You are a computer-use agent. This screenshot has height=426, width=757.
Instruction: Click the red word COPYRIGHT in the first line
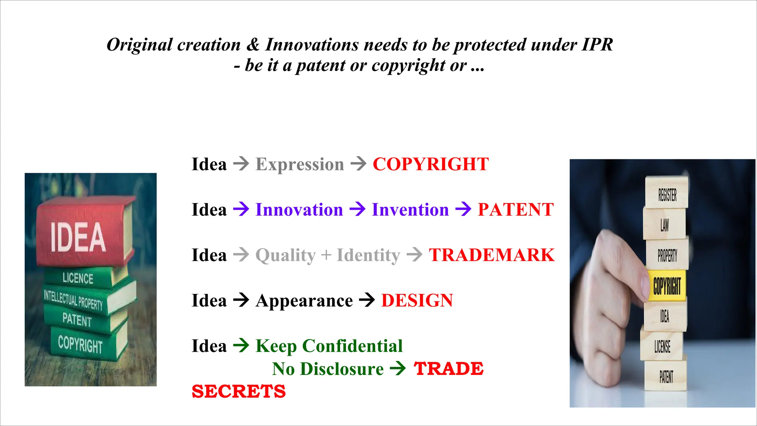[431, 164]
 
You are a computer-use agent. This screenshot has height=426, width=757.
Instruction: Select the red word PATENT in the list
[516, 210]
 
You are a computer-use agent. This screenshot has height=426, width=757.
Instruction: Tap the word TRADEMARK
[492, 255]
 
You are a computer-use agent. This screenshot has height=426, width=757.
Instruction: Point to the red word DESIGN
[417, 301]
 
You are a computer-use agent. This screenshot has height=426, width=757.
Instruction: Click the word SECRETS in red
[239, 391]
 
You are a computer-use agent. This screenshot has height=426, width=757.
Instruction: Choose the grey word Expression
[300, 164]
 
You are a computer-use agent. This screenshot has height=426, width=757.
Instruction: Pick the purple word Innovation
[299, 210]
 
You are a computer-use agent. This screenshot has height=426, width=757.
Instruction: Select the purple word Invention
[410, 210]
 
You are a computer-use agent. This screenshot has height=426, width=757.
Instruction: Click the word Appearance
[304, 301]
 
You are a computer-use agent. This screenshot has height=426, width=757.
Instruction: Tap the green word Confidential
[352, 346]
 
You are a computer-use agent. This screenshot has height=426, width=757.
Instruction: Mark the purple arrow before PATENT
[463, 209]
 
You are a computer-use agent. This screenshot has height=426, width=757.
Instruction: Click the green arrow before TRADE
[398, 369]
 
